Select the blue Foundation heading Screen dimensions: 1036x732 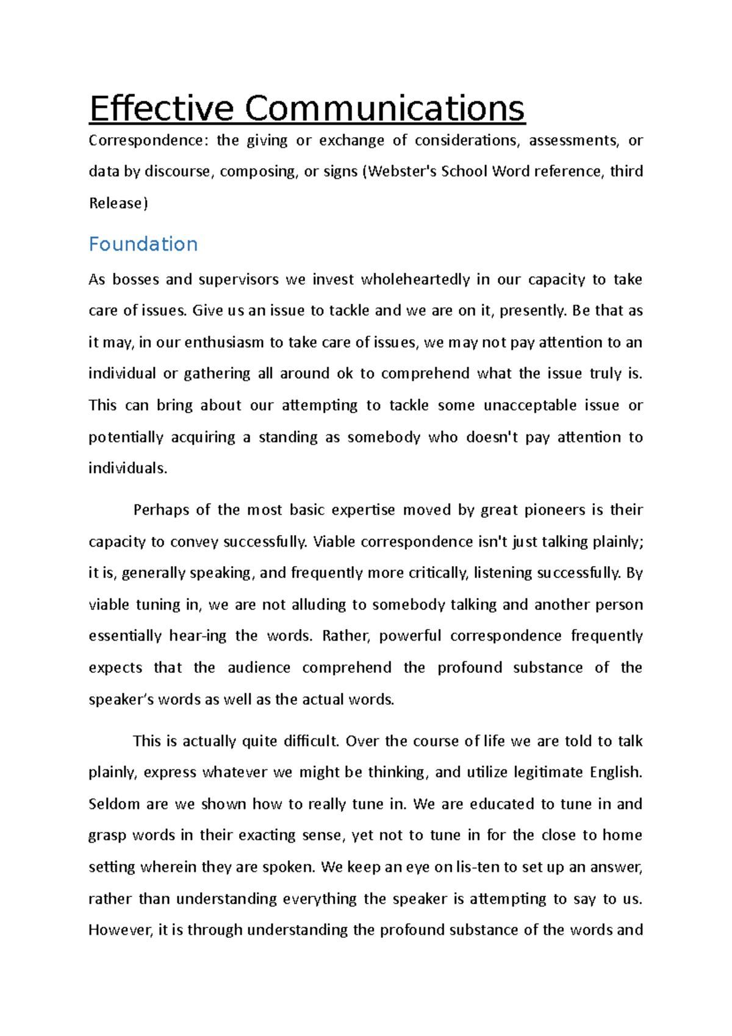coord(143,244)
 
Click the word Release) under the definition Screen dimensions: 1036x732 coord(118,203)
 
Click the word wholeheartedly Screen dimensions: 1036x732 coord(415,279)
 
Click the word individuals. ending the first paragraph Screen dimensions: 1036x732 coord(127,469)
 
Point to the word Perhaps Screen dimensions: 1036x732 coord(160,510)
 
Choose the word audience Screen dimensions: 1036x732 coord(259,667)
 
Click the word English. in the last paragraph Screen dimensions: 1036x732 coord(615,772)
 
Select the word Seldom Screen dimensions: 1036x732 coord(114,804)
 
